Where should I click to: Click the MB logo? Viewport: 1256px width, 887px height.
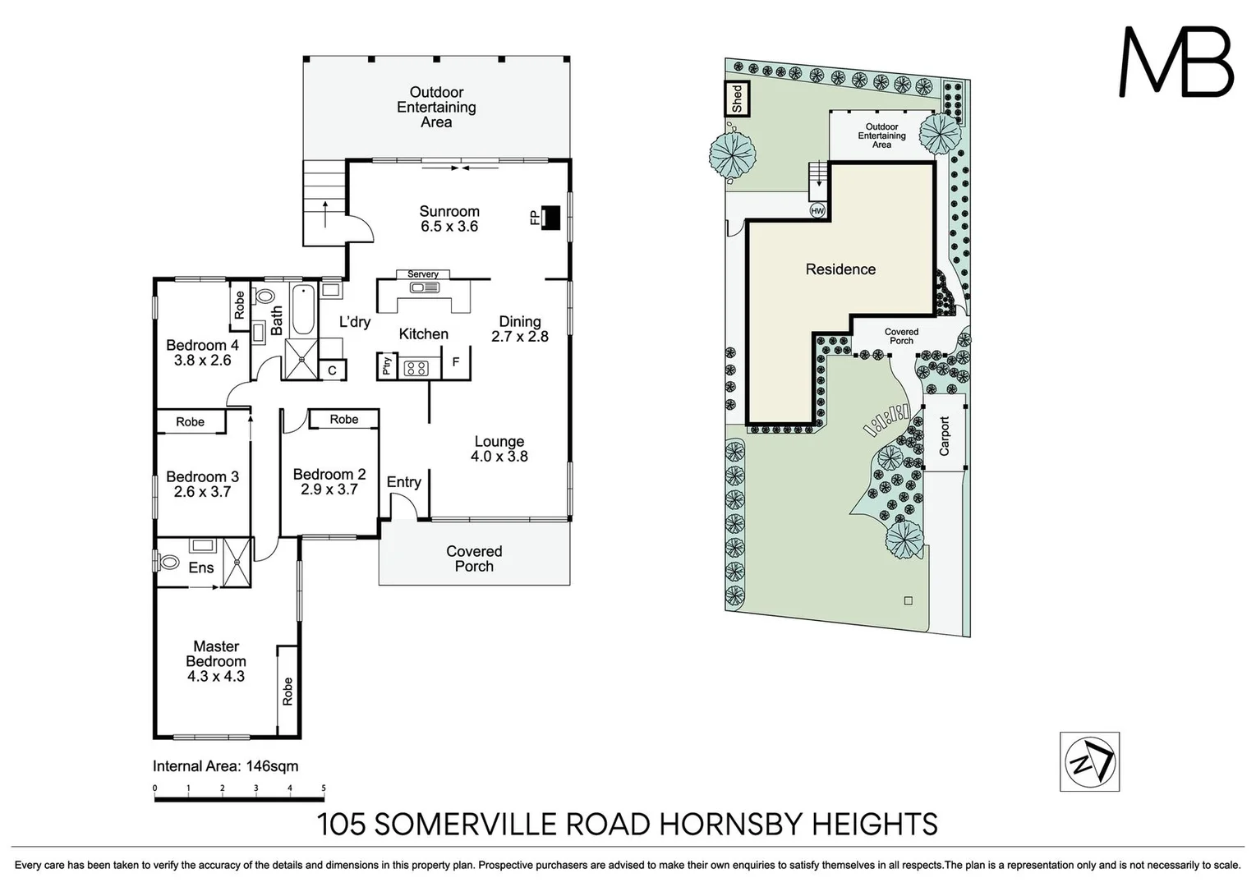(x=1175, y=62)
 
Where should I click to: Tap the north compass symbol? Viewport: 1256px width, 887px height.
(x=1089, y=761)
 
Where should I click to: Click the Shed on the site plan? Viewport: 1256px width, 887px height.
(x=736, y=99)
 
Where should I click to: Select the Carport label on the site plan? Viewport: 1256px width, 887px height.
(x=944, y=436)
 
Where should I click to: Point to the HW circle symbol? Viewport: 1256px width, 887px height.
(x=817, y=210)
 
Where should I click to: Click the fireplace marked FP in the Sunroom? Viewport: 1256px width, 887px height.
(x=551, y=217)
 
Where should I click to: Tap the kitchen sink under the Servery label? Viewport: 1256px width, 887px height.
(x=426, y=287)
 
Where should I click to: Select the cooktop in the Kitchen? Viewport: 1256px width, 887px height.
(x=416, y=369)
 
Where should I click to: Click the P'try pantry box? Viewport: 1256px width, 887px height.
(x=387, y=366)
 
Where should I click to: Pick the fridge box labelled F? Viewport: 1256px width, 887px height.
(x=456, y=362)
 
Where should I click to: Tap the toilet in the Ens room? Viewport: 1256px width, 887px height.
(x=168, y=563)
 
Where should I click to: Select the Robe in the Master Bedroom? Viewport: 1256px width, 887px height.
(x=288, y=691)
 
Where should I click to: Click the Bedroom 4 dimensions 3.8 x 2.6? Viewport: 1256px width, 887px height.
(x=202, y=361)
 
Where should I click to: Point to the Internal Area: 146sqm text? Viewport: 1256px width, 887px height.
(x=225, y=766)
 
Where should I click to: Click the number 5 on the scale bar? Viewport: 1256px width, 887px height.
(x=324, y=788)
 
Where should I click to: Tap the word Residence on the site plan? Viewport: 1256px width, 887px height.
(x=840, y=269)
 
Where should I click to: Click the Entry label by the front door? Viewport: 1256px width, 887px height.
(x=403, y=482)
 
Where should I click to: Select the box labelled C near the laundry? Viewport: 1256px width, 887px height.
(x=332, y=370)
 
